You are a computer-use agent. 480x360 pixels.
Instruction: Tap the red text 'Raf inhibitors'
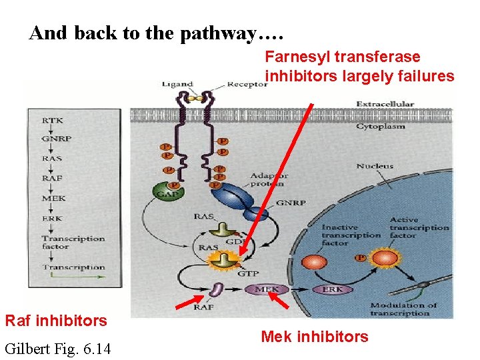click(x=56, y=321)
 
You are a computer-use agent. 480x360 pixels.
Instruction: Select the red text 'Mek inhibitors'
click(x=314, y=337)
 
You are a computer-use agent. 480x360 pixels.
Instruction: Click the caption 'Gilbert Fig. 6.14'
click(x=58, y=348)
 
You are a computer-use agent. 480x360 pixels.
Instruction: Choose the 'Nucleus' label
click(x=375, y=166)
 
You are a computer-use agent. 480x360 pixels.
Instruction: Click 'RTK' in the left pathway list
click(x=53, y=121)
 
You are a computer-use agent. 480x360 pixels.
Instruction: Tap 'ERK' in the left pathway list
click(x=52, y=219)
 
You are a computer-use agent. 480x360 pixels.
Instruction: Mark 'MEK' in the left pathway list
click(x=53, y=199)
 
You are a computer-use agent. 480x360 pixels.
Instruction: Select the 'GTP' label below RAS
click(x=249, y=273)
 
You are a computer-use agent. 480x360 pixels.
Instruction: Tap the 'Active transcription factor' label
click(x=419, y=227)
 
